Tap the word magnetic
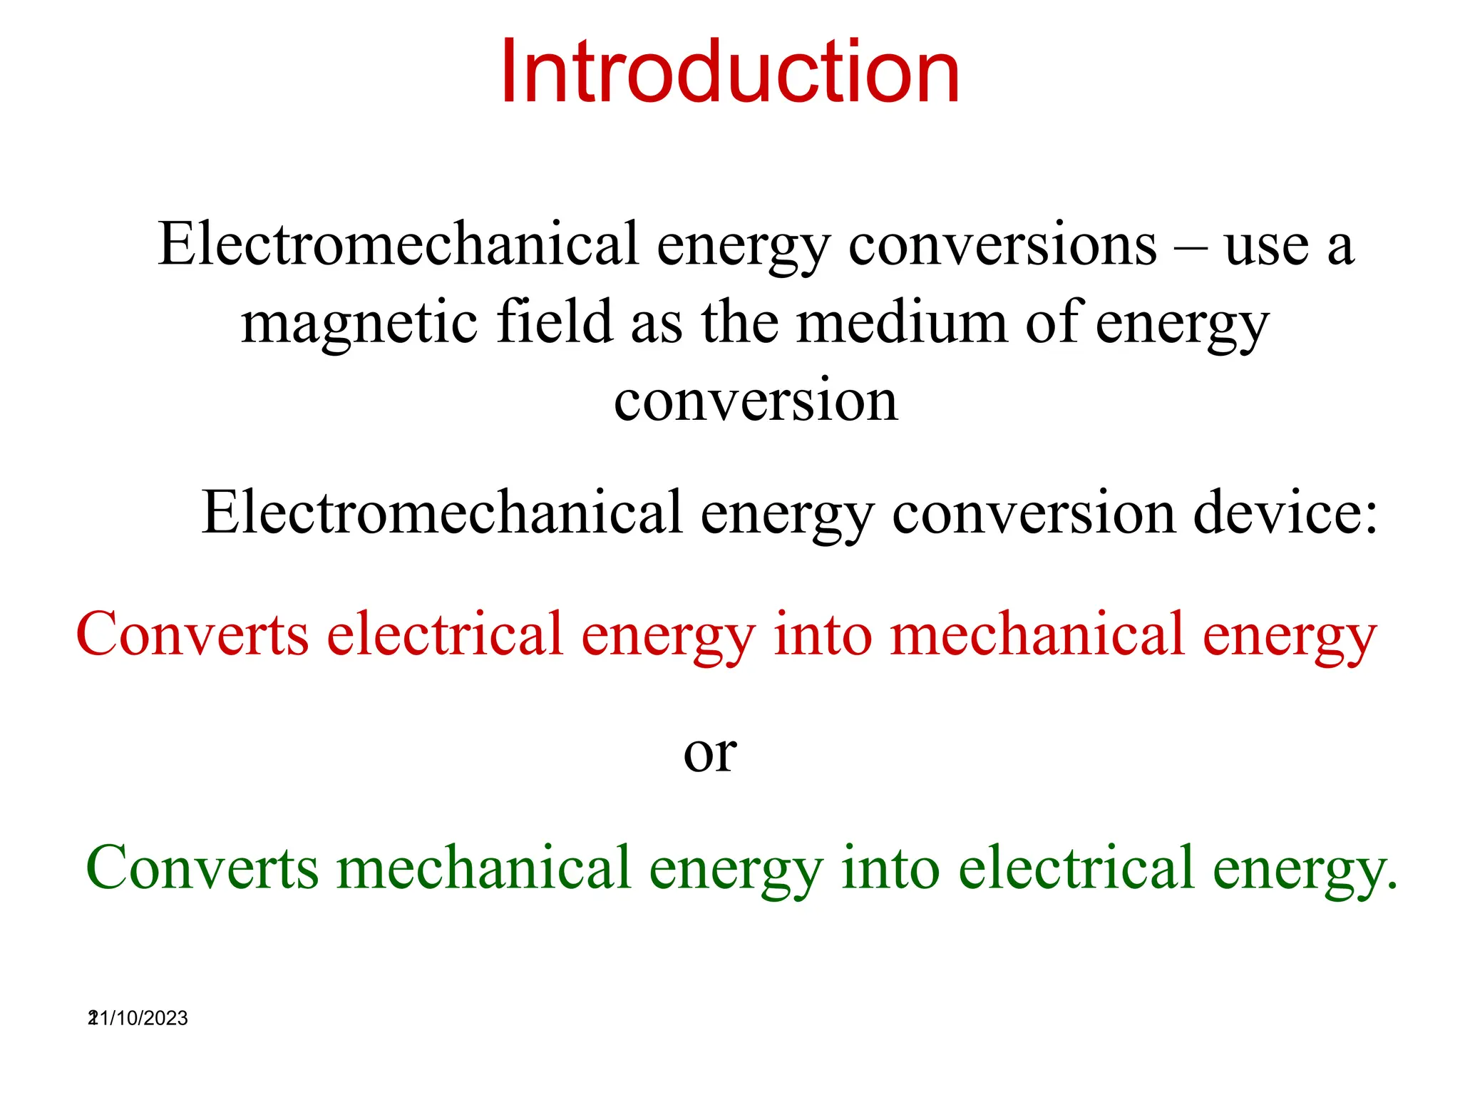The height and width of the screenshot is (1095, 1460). tap(359, 322)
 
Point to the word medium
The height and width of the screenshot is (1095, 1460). tap(901, 322)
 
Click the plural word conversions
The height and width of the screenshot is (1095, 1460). tap(1002, 245)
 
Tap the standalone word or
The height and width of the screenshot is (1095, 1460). tap(710, 754)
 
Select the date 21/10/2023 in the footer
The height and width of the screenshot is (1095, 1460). tap(139, 1018)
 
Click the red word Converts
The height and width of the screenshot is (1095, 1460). tap(192, 634)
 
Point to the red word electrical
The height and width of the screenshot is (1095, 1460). tap(445, 634)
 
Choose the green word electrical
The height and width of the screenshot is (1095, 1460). tap(1076, 868)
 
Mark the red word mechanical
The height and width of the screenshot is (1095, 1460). tap(1037, 634)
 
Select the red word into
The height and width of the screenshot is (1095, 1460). tap(823, 634)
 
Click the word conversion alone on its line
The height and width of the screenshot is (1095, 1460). tap(756, 401)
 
